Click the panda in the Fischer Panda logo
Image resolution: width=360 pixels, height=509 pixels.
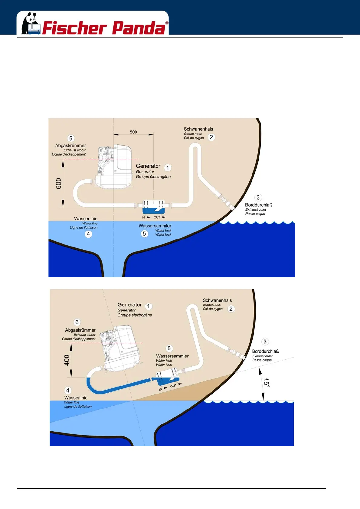click(x=30, y=23)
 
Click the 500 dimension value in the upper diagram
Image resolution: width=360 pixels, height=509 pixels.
click(x=133, y=132)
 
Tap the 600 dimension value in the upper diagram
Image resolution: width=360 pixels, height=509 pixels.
click(x=59, y=183)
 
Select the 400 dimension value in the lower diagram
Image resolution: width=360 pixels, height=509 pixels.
click(x=67, y=360)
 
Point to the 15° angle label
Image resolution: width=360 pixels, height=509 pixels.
click(x=266, y=382)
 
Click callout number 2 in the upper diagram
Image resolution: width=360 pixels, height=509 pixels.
click(x=211, y=137)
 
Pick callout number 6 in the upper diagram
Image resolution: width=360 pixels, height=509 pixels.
click(x=71, y=138)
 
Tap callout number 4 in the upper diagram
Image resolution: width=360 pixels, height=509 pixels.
click(x=88, y=234)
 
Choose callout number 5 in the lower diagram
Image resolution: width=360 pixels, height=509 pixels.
click(x=169, y=349)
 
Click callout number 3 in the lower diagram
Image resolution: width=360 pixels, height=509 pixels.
click(x=265, y=342)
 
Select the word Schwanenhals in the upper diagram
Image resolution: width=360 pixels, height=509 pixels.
click(x=198, y=129)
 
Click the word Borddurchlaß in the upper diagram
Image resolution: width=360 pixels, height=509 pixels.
click(x=259, y=205)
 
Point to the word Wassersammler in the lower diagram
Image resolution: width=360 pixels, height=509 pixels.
click(x=172, y=356)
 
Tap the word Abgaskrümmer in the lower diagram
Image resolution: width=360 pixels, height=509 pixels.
click(x=80, y=330)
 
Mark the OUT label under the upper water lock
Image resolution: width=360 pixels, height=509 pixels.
click(x=157, y=217)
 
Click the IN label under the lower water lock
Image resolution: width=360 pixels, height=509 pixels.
click(x=160, y=389)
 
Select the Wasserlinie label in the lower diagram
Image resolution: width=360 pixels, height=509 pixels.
click(x=76, y=398)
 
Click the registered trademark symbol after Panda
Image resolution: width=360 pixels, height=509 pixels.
click(x=167, y=23)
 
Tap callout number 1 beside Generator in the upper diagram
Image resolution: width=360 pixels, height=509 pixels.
click(x=168, y=167)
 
